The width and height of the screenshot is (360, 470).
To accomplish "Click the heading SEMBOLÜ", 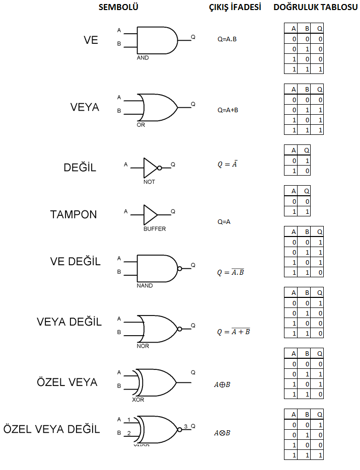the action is [x=118, y=7].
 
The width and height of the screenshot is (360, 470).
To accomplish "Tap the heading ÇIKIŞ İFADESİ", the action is [x=235, y=7].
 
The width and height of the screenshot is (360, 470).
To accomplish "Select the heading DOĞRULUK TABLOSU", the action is [x=315, y=7].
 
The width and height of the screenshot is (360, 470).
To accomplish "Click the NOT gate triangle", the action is [x=151, y=168].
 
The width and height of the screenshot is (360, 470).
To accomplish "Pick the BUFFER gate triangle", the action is [x=151, y=215].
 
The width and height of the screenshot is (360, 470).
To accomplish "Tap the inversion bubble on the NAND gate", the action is [x=180, y=269].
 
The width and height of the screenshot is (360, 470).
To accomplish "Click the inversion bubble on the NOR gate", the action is [x=180, y=329].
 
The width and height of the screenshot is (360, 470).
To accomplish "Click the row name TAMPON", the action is [x=74, y=214].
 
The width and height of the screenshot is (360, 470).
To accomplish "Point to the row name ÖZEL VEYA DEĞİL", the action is [x=51, y=429].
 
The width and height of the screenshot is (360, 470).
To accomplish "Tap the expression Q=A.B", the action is [x=227, y=39].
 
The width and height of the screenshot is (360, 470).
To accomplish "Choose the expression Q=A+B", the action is [x=228, y=110].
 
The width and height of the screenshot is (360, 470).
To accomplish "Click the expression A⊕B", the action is [x=222, y=384].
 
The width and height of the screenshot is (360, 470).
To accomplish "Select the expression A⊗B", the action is [x=222, y=433].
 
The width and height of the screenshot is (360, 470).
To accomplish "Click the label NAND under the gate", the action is [x=145, y=286].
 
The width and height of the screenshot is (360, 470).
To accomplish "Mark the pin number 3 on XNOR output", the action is [x=186, y=426].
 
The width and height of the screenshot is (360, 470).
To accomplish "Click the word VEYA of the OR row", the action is [x=85, y=107].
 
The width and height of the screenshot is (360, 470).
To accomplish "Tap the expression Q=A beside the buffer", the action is [x=224, y=222].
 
